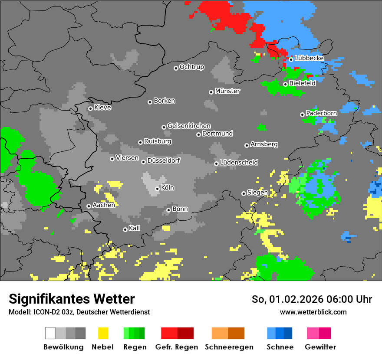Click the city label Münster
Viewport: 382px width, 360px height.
227,91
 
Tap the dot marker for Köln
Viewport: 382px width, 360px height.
157,189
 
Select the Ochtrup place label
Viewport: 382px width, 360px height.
192,67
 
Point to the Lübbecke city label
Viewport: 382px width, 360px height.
310,58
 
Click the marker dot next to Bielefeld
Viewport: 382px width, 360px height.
285,84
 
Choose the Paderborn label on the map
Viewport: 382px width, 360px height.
322,113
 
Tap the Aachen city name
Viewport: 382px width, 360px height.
104,205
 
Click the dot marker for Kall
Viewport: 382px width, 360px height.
125,229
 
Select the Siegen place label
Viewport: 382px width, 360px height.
257,192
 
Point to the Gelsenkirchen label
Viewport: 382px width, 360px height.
189,126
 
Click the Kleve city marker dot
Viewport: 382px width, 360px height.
90,108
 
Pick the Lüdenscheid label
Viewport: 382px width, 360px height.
239,162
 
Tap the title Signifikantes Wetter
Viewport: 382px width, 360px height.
72,299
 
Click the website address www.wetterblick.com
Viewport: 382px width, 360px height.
313,312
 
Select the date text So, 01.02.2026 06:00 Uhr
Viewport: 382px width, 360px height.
312,299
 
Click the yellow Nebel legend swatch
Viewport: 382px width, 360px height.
103,333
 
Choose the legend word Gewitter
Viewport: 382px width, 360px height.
320,347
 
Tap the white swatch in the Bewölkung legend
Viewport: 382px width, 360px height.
50,333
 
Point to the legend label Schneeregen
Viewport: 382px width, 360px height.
229,347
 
